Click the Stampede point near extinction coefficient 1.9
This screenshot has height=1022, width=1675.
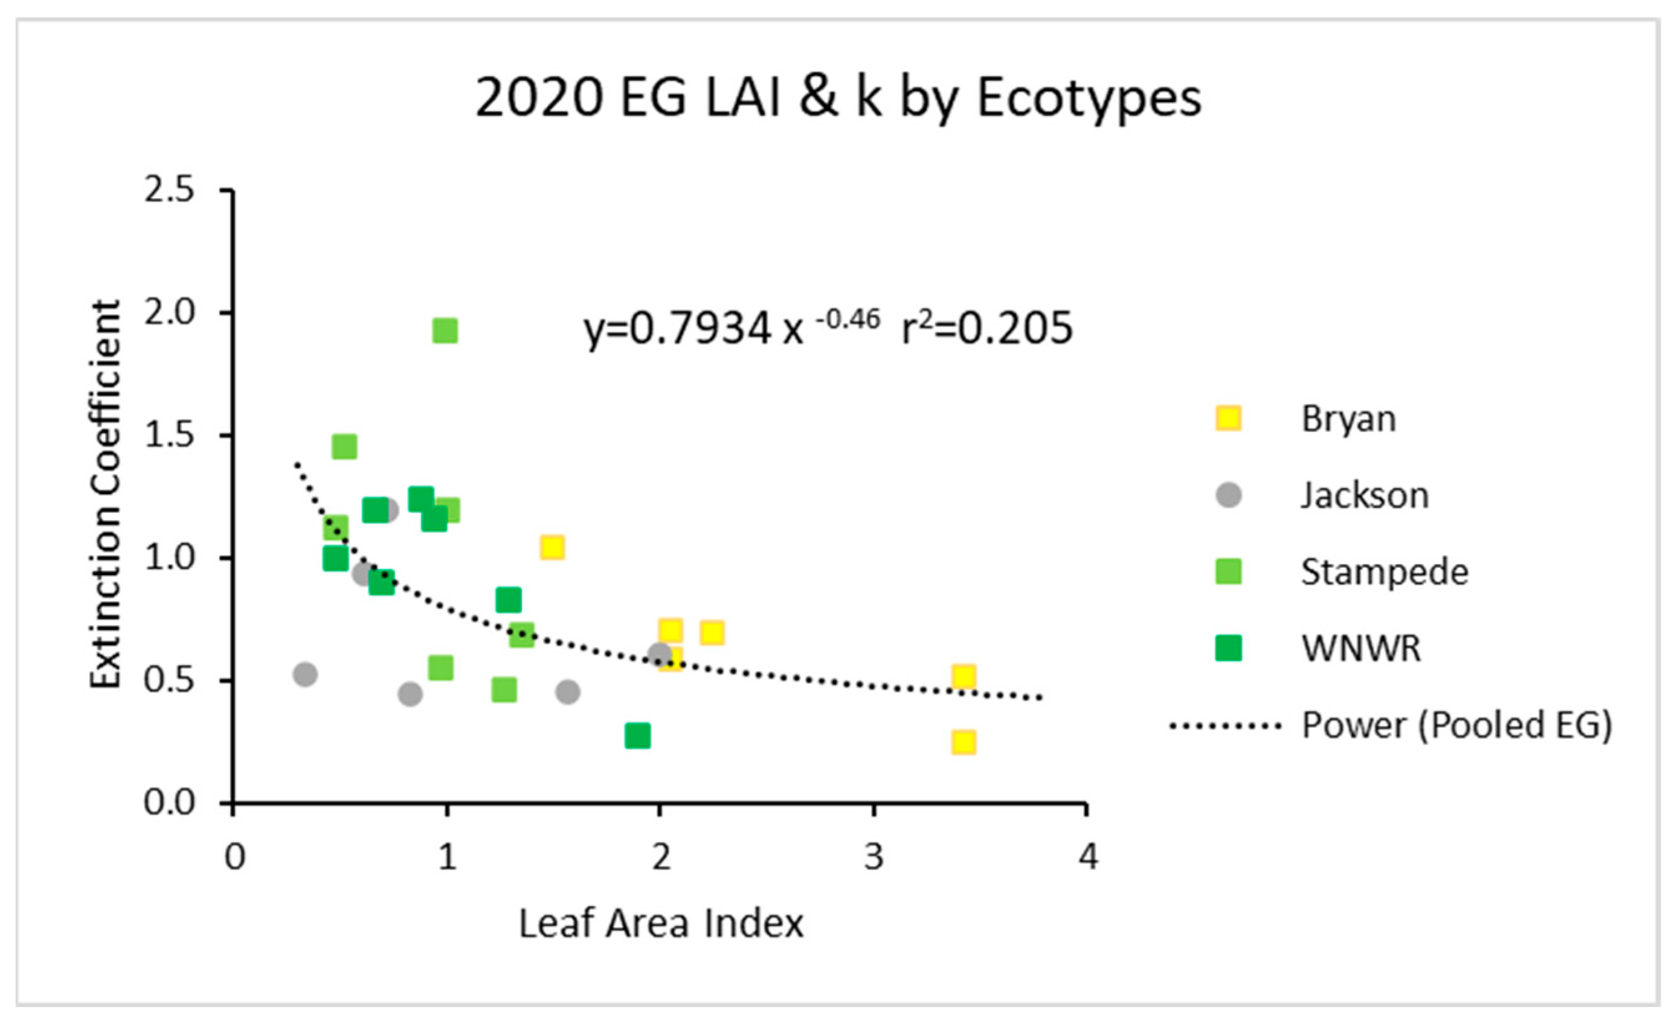tap(445, 331)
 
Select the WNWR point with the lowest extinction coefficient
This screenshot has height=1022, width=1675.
tap(637, 736)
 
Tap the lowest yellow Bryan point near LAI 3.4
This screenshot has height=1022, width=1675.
tap(963, 742)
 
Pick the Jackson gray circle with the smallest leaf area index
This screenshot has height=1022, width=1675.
tap(305, 675)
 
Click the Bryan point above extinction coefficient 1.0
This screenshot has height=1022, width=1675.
tap(552, 547)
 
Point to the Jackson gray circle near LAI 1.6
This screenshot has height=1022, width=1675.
tap(567, 692)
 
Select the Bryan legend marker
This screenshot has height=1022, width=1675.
tap(1228, 419)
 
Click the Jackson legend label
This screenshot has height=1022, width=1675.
tap(1364, 495)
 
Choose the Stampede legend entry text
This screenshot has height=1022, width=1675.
tap(1384, 572)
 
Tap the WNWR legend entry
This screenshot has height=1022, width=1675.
tap(1360, 648)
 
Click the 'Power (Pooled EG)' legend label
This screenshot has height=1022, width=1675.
tap(1456, 725)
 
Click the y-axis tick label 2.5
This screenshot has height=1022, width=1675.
tap(168, 190)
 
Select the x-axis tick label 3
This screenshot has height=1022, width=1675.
tap(874, 857)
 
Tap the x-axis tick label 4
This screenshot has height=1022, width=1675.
tap(1088, 857)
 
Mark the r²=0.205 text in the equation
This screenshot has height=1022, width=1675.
tap(987, 329)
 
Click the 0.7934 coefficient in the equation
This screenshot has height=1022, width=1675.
tap(700, 330)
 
